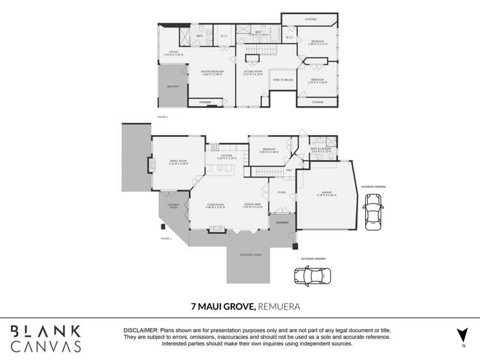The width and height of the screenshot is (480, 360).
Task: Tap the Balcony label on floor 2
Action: (x=172, y=86)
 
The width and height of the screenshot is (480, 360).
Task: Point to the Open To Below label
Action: (x=283, y=80)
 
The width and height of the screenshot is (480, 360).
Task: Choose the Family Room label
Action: (x=178, y=162)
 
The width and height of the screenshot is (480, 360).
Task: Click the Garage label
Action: (x=326, y=193)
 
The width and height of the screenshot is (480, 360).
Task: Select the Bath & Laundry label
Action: (x=320, y=149)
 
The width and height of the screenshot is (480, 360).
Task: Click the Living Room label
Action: (x=215, y=206)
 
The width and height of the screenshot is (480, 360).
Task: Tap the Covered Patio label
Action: (x=174, y=206)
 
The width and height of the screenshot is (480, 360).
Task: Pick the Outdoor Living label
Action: (x=251, y=255)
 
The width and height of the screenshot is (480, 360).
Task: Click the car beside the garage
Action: (x=372, y=211)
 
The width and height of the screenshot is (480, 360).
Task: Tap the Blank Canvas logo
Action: (x=46, y=338)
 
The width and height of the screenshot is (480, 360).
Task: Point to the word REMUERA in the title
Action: (x=279, y=307)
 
